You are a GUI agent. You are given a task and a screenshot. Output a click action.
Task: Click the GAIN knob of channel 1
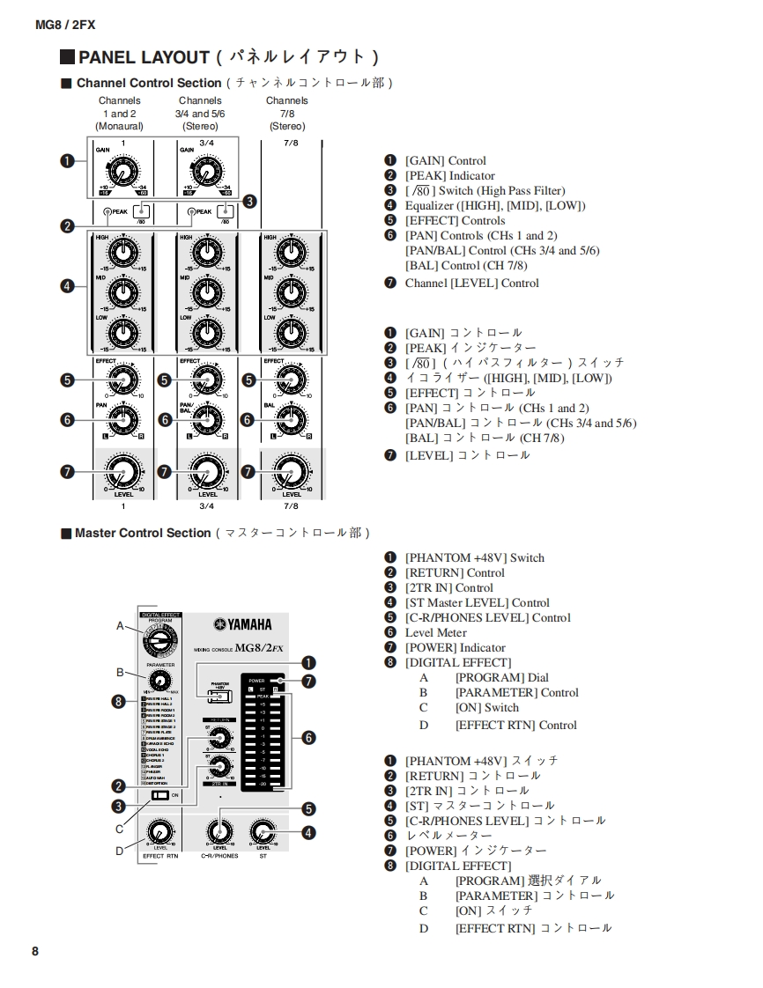(x=124, y=172)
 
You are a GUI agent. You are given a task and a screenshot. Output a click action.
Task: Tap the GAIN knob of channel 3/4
(x=206, y=172)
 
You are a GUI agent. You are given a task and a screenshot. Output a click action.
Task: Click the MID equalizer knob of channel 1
(x=124, y=292)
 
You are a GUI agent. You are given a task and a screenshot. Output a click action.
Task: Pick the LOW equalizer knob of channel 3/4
(x=206, y=332)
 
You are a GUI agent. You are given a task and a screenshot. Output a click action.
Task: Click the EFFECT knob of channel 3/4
(x=206, y=380)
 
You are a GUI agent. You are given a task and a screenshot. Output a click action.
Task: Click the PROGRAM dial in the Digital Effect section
(x=159, y=642)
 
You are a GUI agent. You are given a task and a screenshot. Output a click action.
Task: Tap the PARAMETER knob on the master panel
(x=159, y=681)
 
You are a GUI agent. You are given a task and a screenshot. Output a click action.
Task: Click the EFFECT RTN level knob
(x=159, y=832)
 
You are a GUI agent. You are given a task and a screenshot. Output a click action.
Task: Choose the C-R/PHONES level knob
(x=219, y=830)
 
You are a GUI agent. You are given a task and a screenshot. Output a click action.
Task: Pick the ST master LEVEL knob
(x=263, y=830)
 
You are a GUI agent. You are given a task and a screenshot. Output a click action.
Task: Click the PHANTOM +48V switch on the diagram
(x=212, y=697)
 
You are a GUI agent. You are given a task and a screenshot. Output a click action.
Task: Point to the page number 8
(x=35, y=951)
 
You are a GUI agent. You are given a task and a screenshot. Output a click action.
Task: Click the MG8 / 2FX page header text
(x=64, y=25)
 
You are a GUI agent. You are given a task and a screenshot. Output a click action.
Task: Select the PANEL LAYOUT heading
(x=144, y=57)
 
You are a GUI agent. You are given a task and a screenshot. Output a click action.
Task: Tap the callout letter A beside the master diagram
(x=121, y=626)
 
